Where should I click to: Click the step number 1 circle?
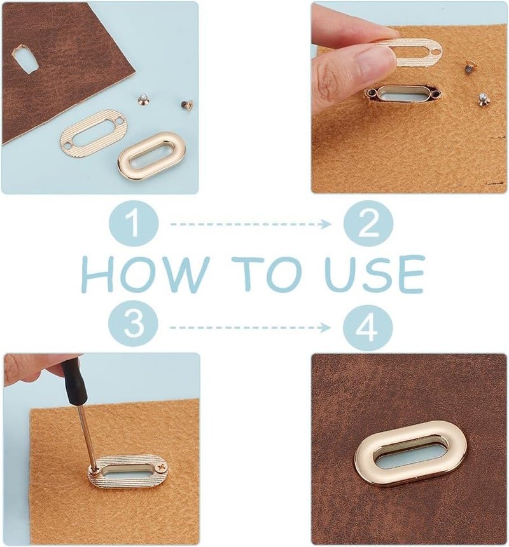(134, 223)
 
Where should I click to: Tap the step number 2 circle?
(368, 224)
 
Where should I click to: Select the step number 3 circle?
(133, 323)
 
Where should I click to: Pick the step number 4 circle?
(368, 328)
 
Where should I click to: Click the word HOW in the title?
(145, 273)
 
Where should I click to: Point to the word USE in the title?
(375, 274)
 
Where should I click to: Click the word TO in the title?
(267, 273)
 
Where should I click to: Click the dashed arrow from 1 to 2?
(251, 224)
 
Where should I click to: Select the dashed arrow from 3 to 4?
(250, 328)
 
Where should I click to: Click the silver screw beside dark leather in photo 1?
(143, 99)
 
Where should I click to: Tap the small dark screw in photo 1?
(187, 104)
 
